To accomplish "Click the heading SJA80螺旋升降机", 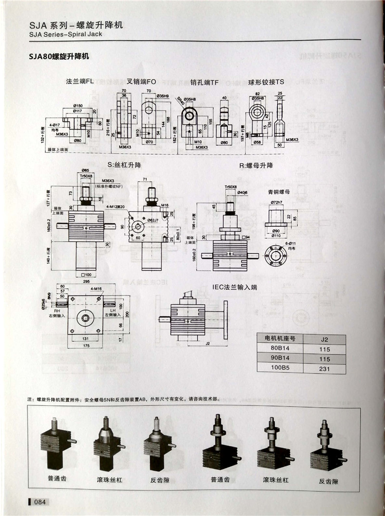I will click(x=59, y=56).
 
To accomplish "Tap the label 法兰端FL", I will click(x=79, y=82).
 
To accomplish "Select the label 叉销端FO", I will click(x=141, y=82).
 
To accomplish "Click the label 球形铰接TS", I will click(x=266, y=82).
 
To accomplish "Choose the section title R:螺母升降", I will click(x=256, y=166).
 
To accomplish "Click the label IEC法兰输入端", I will click(x=235, y=287).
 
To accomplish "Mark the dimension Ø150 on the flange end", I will click(x=77, y=105).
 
